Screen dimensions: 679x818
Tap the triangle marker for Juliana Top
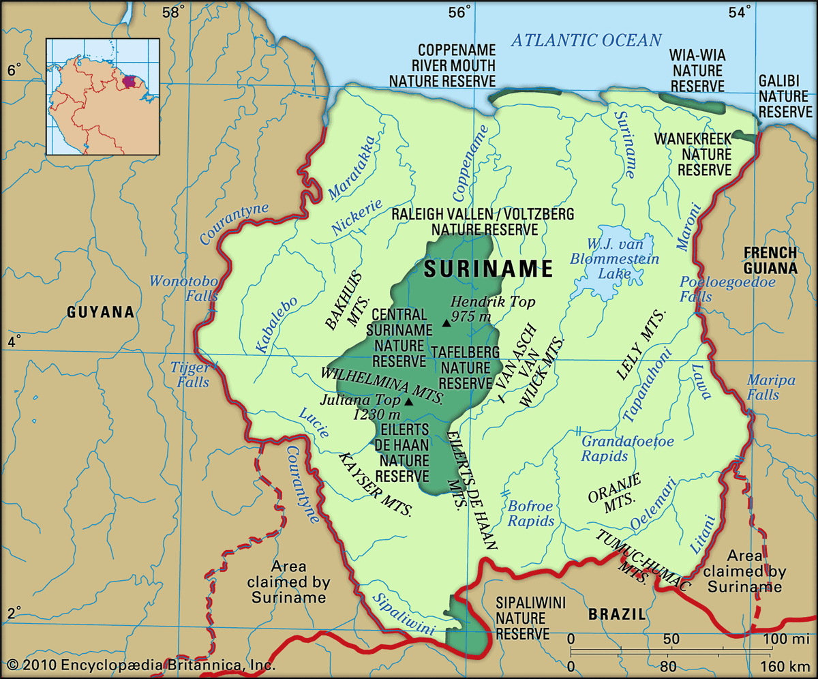click(x=408, y=402)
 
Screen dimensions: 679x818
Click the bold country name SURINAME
click(x=488, y=269)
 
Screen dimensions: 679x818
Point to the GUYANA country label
click(x=100, y=312)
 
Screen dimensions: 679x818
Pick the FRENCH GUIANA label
click(x=770, y=260)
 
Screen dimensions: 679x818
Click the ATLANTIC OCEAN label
click(x=586, y=40)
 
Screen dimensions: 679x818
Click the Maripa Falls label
click(x=771, y=387)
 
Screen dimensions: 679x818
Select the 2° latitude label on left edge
click(x=14, y=611)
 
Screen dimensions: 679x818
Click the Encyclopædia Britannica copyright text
click(x=140, y=665)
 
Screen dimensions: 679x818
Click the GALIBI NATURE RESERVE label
click(x=785, y=96)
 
